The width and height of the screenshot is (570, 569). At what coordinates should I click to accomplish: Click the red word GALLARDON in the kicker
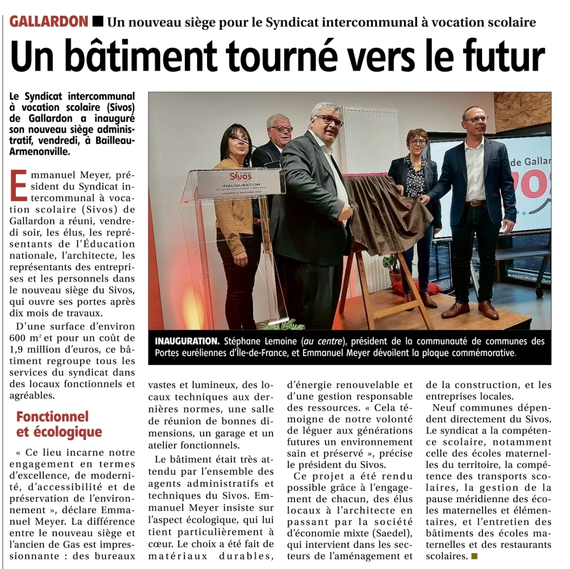pyautogui.click(x=49, y=22)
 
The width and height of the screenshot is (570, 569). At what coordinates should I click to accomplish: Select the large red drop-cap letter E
pyautogui.click(x=18, y=185)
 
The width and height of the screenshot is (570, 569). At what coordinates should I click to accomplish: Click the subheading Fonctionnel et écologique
pyautogui.click(x=59, y=424)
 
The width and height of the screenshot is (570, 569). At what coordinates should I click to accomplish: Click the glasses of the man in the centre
pyautogui.click(x=330, y=120)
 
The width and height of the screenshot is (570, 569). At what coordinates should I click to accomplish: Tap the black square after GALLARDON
pyautogui.click(x=97, y=22)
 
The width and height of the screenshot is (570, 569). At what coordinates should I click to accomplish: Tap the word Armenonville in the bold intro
pyautogui.click(x=39, y=152)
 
